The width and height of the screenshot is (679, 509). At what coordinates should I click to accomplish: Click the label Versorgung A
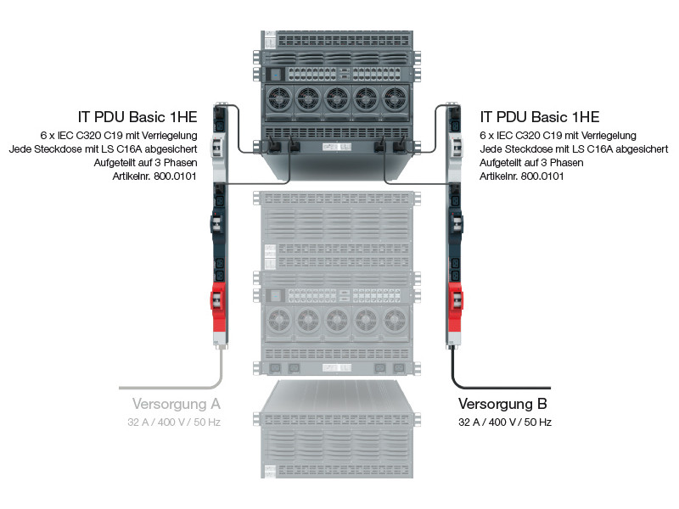coord(176,403)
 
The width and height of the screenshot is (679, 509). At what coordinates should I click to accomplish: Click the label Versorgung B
coord(502,403)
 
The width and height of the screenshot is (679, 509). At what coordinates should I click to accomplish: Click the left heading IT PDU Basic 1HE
coord(139,117)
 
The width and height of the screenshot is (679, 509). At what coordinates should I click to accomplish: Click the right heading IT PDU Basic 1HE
coord(540,117)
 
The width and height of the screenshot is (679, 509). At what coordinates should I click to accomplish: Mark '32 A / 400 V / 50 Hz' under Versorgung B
coord(505,422)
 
